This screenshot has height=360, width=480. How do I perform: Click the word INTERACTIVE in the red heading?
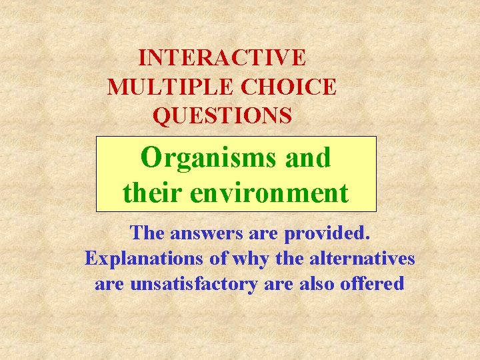click(x=222, y=57)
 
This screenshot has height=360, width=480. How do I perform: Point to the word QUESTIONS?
click(x=222, y=116)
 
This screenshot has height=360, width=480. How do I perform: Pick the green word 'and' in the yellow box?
click(x=307, y=158)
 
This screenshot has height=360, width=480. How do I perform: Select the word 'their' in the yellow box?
click(x=153, y=193)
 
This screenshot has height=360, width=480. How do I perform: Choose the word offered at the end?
click(x=373, y=284)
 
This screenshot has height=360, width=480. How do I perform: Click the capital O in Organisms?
click(x=151, y=158)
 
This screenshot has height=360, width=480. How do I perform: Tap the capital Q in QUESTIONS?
click(x=161, y=117)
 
